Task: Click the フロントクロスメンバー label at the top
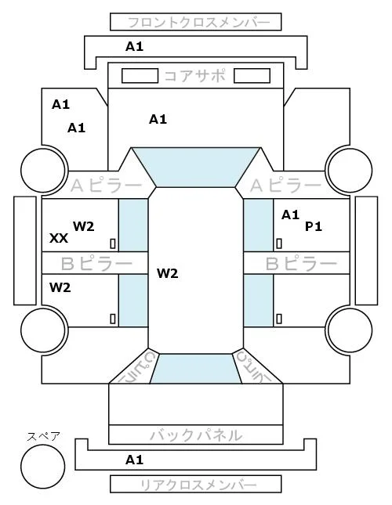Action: tap(199, 23)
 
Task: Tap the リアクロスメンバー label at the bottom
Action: tap(198, 485)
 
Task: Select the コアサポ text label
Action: tap(195, 76)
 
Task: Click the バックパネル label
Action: tap(196, 435)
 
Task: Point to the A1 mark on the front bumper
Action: tap(134, 47)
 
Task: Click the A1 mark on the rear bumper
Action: tap(134, 460)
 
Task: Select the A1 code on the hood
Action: tap(158, 120)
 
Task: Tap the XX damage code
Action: tap(59, 238)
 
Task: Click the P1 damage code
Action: tap(314, 227)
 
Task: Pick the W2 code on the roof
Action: tap(168, 274)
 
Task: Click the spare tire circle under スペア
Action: tap(43, 467)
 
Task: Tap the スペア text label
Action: tap(44, 436)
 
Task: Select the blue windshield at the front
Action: tap(196, 167)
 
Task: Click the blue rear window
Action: tap(196, 369)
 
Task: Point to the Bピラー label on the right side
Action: tap(301, 264)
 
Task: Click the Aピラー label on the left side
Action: tap(106, 186)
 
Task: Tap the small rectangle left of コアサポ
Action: tap(140, 76)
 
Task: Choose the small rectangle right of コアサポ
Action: tap(252, 76)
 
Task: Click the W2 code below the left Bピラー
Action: tap(60, 287)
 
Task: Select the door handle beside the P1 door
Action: tap(279, 243)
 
